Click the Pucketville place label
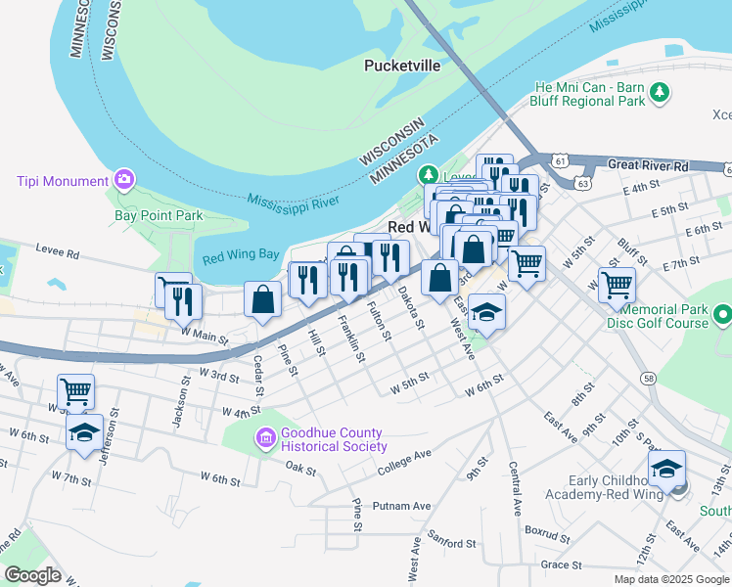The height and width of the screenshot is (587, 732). coord(401,66)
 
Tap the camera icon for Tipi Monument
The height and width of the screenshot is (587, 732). coord(124,179)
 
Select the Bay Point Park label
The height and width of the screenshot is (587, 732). coord(158,215)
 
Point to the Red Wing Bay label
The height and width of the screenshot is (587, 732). coord(241,258)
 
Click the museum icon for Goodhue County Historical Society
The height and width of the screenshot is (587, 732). coord(264,439)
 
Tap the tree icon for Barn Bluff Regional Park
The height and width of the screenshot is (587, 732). coord(661,93)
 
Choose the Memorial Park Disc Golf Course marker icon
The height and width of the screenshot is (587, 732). coord(722,315)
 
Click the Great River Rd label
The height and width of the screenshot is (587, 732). coord(648,166)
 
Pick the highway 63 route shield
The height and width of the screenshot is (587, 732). coord(583,183)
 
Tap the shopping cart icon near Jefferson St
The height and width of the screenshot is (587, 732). coord(75,391)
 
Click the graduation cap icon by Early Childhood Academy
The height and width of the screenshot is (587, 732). coord(666,469)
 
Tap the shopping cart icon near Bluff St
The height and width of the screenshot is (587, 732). coord(617,285)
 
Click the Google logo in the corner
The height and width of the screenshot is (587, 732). coord(32,575)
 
